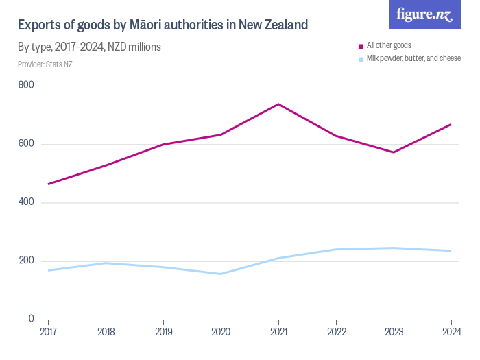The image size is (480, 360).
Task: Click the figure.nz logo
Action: pyautogui.click(x=424, y=15)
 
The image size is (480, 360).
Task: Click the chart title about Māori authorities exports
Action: pyautogui.click(x=163, y=25)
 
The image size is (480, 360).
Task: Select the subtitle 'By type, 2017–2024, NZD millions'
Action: pyautogui.click(x=89, y=47)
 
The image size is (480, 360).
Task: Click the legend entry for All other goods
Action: pyautogui.click(x=388, y=45)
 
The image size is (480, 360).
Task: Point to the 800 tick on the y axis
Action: pyautogui.click(x=27, y=86)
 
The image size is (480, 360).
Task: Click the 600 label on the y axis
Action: pyautogui.click(x=27, y=144)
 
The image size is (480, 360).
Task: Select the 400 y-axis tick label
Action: pyautogui.click(x=27, y=203)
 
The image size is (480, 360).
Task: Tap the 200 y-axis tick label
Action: pyautogui.click(x=27, y=261)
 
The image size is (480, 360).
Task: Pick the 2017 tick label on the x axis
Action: pyautogui.click(x=48, y=333)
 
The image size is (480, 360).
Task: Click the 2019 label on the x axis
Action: pyautogui.click(x=163, y=333)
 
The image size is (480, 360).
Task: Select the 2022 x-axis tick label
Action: pyautogui.click(x=335, y=333)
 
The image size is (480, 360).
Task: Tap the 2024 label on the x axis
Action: pyautogui.click(x=451, y=333)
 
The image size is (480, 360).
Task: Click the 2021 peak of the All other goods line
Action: pyautogui.click(x=278, y=104)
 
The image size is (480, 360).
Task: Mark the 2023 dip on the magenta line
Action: pyautogui.click(x=393, y=152)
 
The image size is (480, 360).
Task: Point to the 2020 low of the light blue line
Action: pyautogui.click(x=221, y=274)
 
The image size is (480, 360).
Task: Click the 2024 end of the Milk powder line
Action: pyautogui.click(x=451, y=251)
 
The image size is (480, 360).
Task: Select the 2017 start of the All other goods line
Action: pyautogui.click(x=48, y=184)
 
